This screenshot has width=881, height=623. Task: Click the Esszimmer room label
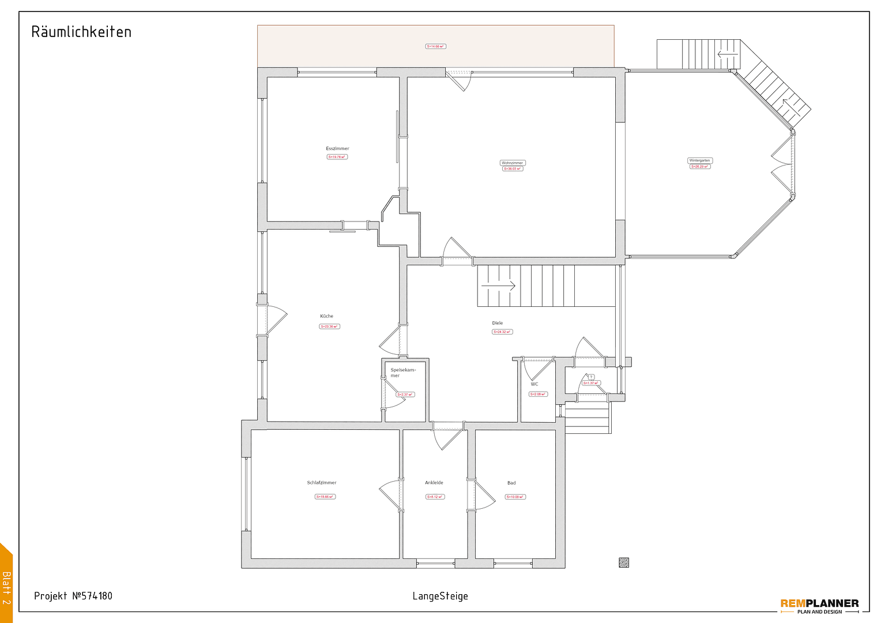click(337, 149)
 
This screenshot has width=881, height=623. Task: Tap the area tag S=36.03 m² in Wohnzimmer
click(513, 169)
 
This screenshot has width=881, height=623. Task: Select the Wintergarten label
click(699, 160)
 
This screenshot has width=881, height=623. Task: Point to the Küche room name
click(326, 316)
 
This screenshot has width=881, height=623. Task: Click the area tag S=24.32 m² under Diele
click(502, 332)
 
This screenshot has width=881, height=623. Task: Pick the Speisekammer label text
click(402, 373)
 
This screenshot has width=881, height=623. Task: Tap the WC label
click(534, 384)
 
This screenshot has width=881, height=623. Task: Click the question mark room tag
click(591, 377)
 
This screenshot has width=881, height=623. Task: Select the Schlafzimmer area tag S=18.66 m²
click(325, 497)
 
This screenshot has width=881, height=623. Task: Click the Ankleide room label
click(434, 483)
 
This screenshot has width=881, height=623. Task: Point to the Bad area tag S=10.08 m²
click(515, 497)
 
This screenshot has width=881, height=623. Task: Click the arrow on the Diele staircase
click(499, 286)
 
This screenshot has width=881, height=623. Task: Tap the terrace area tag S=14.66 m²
click(435, 46)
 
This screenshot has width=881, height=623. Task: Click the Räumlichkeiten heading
click(81, 32)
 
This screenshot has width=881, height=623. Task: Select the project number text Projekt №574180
click(73, 596)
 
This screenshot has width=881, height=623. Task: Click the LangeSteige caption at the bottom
click(440, 596)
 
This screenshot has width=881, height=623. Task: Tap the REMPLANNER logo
click(819, 605)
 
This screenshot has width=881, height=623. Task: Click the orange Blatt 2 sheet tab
click(6, 583)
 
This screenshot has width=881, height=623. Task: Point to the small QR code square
click(624, 562)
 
